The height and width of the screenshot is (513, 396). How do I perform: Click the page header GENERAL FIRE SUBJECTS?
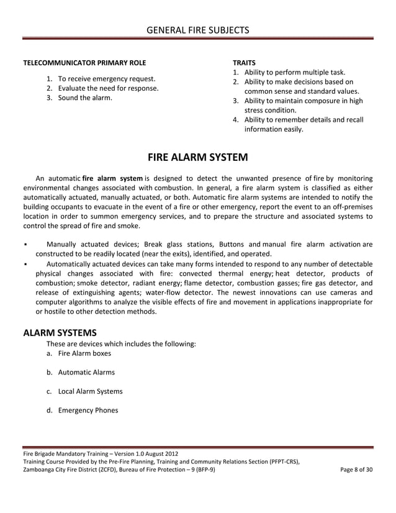pyautogui.click(x=197, y=29)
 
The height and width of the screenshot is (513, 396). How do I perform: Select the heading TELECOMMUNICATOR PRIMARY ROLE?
pyautogui.click(x=84, y=63)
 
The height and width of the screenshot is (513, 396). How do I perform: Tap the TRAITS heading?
pyautogui.click(x=243, y=63)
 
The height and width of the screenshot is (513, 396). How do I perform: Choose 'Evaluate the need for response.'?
pyautogui.click(x=108, y=88)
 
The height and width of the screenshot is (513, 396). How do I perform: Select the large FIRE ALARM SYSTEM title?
pyautogui.click(x=197, y=157)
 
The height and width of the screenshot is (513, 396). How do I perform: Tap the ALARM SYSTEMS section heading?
pyautogui.click(x=60, y=332)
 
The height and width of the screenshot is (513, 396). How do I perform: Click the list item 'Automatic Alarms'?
pyautogui.click(x=86, y=373)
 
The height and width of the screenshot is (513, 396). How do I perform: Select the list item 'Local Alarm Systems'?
pyautogui.click(x=90, y=391)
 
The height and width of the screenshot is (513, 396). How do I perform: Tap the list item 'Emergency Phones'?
pyautogui.click(x=88, y=410)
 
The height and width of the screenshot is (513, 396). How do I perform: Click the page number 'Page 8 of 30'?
pyautogui.click(x=356, y=469)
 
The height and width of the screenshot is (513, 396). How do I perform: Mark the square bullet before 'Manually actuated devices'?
pyautogui.click(x=24, y=244)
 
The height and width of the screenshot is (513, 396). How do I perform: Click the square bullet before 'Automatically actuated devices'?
pyautogui.click(x=24, y=263)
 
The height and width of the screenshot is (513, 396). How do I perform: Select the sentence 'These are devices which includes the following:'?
pyautogui.click(x=121, y=343)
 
